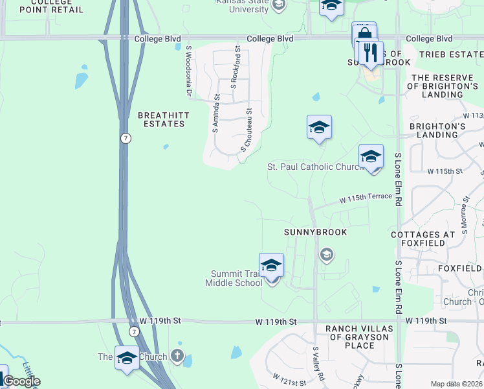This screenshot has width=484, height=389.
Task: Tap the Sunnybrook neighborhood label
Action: click(316, 232)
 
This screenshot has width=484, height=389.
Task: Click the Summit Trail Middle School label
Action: click(234, 278)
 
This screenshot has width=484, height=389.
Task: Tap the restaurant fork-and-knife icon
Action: click(370, 53)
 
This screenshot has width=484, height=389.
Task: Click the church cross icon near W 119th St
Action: click(177, 356)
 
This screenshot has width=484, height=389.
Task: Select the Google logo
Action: click(21, 381)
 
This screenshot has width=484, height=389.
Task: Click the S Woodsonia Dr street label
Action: click(190, 71)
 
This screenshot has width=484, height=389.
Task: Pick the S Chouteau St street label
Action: click(247, 130)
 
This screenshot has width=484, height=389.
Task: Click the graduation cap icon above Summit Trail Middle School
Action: click(272, 265)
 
